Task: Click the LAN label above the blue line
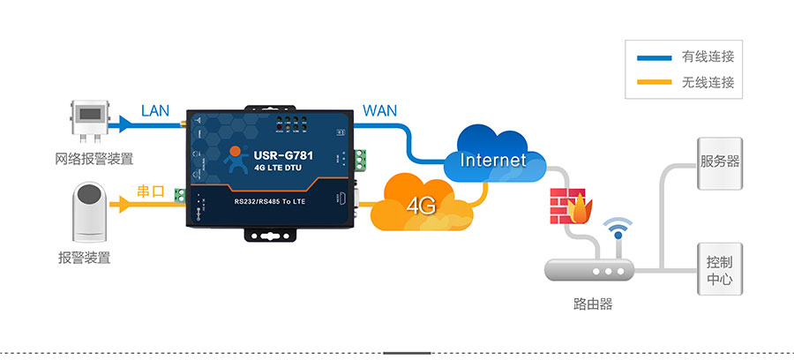click(155, 111)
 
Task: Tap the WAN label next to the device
click(380, 111)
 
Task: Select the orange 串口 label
click(152, 191)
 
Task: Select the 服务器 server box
click(720, 162)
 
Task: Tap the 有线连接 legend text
click(708, 57)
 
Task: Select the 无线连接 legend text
click(708, 84)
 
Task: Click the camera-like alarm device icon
click(91, 211)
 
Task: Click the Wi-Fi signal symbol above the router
click(618, 230)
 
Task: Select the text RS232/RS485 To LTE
click(277, 202)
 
